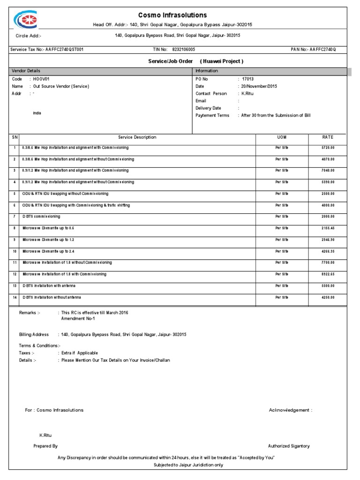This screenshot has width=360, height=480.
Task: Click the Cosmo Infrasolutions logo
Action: pyautogui.click(x=25, y=20)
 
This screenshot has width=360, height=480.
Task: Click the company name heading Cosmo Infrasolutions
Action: pyautogui.click(x=172, y=15)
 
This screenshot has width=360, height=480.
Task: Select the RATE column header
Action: pyautogui.click(x=327, y=137)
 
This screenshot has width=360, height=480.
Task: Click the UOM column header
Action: pyautogui.click(x=282, y=137)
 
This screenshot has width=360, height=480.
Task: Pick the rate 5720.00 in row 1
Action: pyautogui.click(x=328, y=147)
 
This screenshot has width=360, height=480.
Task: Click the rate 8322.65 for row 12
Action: pyautogui.click(x=328, y=274)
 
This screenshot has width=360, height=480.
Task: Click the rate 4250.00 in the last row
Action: pyautogui.click(x=328, y=297)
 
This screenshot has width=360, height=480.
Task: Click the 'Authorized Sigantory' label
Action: pyautogui.click(x=289, y=446)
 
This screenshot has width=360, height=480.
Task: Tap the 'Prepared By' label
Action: pyautogui.click(x=45, y=446)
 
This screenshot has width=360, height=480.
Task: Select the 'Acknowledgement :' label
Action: pyautogui.click(x=290, y=410)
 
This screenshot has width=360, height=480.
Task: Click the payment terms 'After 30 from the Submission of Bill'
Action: pyautogui.click(x=276, y=115)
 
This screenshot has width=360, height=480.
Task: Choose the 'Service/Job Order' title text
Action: pyautogui.click(x=171, y=61)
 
